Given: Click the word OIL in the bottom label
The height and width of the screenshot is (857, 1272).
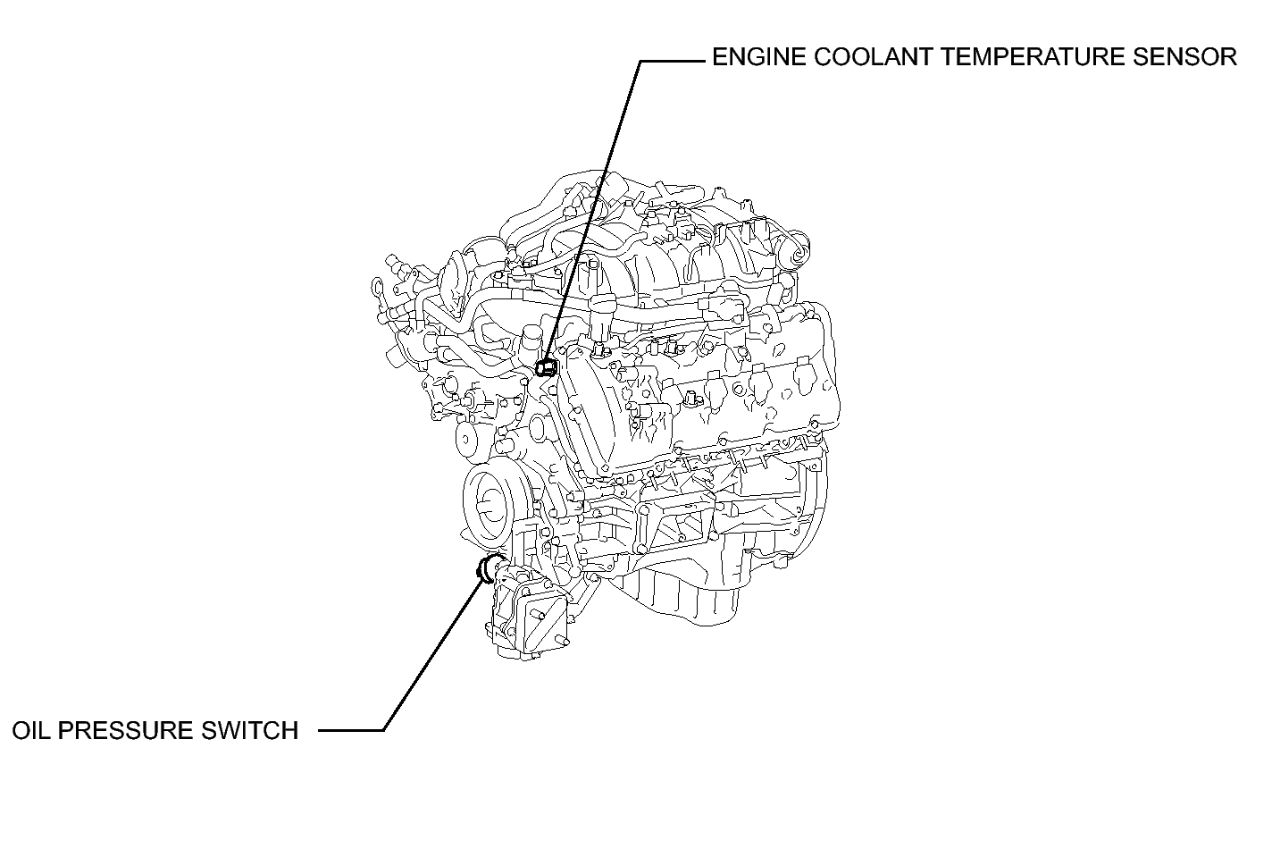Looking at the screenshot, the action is (30, 731).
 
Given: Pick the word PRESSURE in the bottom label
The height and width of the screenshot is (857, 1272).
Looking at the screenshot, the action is (125, 731).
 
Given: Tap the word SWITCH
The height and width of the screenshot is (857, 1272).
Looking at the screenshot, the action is (250, 731).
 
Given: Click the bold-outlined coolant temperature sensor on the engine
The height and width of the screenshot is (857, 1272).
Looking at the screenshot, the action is (547, 367).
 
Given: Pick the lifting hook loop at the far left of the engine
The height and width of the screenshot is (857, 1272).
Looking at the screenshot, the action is (377, 290).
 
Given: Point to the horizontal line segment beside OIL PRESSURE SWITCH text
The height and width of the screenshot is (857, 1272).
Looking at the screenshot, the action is (351, 731).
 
